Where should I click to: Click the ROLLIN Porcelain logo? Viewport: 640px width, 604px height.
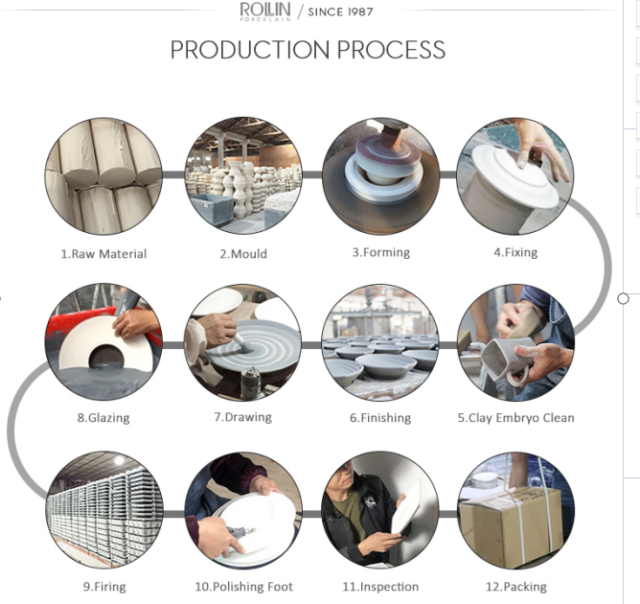265,12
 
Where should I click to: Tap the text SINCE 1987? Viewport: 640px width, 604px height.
340,12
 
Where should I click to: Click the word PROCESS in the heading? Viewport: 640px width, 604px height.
391,50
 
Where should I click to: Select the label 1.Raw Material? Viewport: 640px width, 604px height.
103,254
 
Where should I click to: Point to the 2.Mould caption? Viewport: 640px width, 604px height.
243,254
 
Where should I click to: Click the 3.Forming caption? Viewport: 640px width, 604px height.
381,253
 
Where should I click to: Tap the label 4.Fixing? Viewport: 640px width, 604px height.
515,253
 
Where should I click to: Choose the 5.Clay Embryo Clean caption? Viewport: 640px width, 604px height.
515,418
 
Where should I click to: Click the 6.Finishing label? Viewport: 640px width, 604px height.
380,418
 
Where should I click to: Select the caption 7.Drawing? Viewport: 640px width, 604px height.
242,417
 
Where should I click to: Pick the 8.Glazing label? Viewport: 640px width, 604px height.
103,418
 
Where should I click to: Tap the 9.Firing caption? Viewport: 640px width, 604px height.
104,587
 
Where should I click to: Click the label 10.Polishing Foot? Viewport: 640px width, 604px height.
244,587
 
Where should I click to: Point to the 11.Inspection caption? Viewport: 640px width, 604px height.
380,587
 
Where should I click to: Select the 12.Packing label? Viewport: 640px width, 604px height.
515,587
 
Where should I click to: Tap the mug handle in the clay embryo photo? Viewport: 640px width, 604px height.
517,376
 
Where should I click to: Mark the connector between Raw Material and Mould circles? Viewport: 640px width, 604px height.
173,174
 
